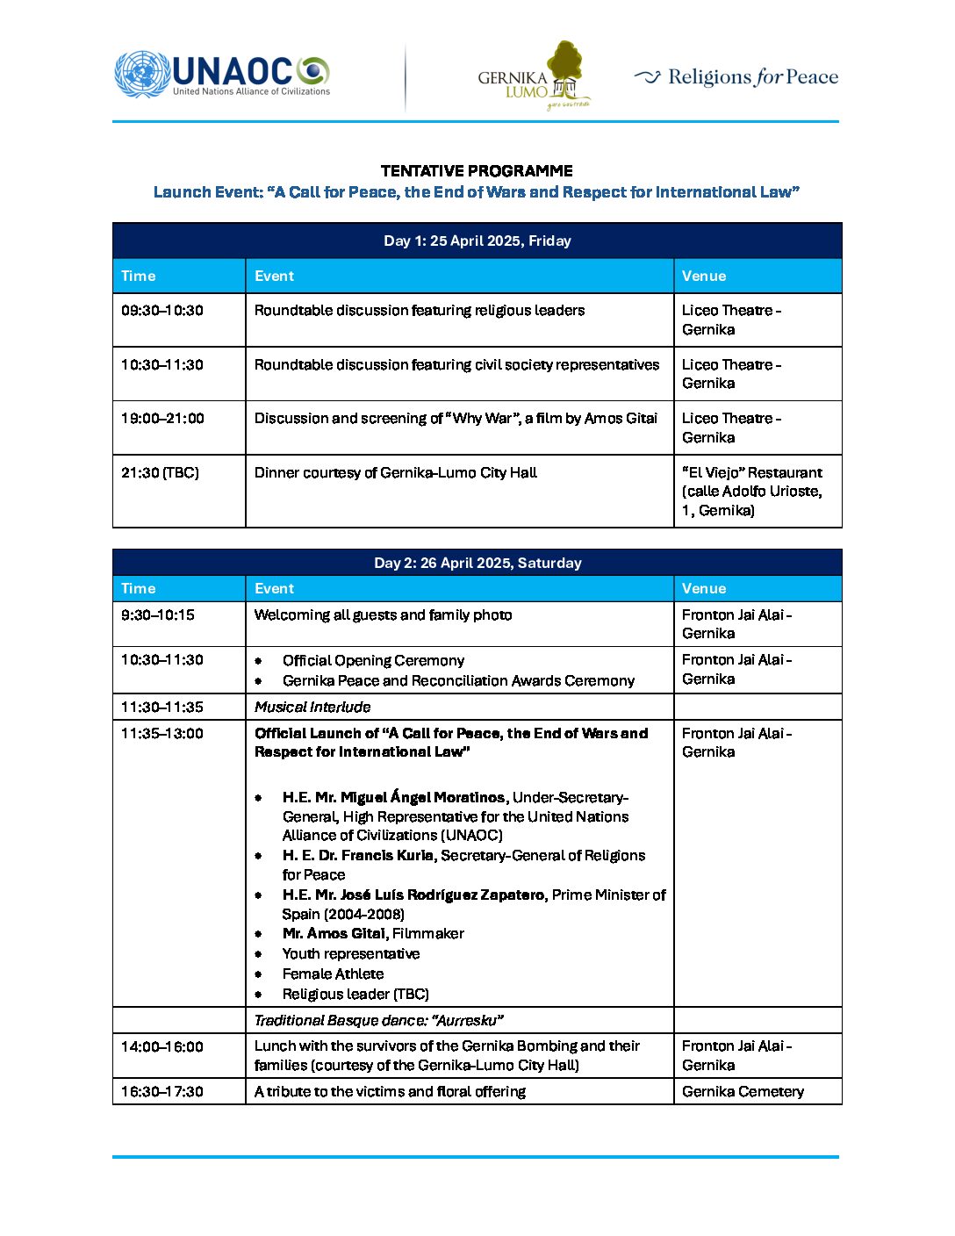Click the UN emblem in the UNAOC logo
click(x=141, y=74)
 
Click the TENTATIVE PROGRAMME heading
click(x=477, y=171)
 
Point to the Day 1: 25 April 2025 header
click(x=477, y=241)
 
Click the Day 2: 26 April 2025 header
click(x=477, y=563)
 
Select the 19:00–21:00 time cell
click(x=162, y=419)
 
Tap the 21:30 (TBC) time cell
click(x=160, y=472)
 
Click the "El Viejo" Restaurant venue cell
click(x=752, y=491)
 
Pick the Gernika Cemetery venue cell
click(x=743, y=1091)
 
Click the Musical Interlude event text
click(x=312, y=707)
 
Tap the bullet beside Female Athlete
click(x=258, y=974)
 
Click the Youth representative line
click(x=351, y=953)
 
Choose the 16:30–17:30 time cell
click(x=162, y=1091)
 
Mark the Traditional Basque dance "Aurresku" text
click(x=378, y=1020)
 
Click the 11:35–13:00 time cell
click(x=162, y=733)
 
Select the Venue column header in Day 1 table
click(x=704, y=276)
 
